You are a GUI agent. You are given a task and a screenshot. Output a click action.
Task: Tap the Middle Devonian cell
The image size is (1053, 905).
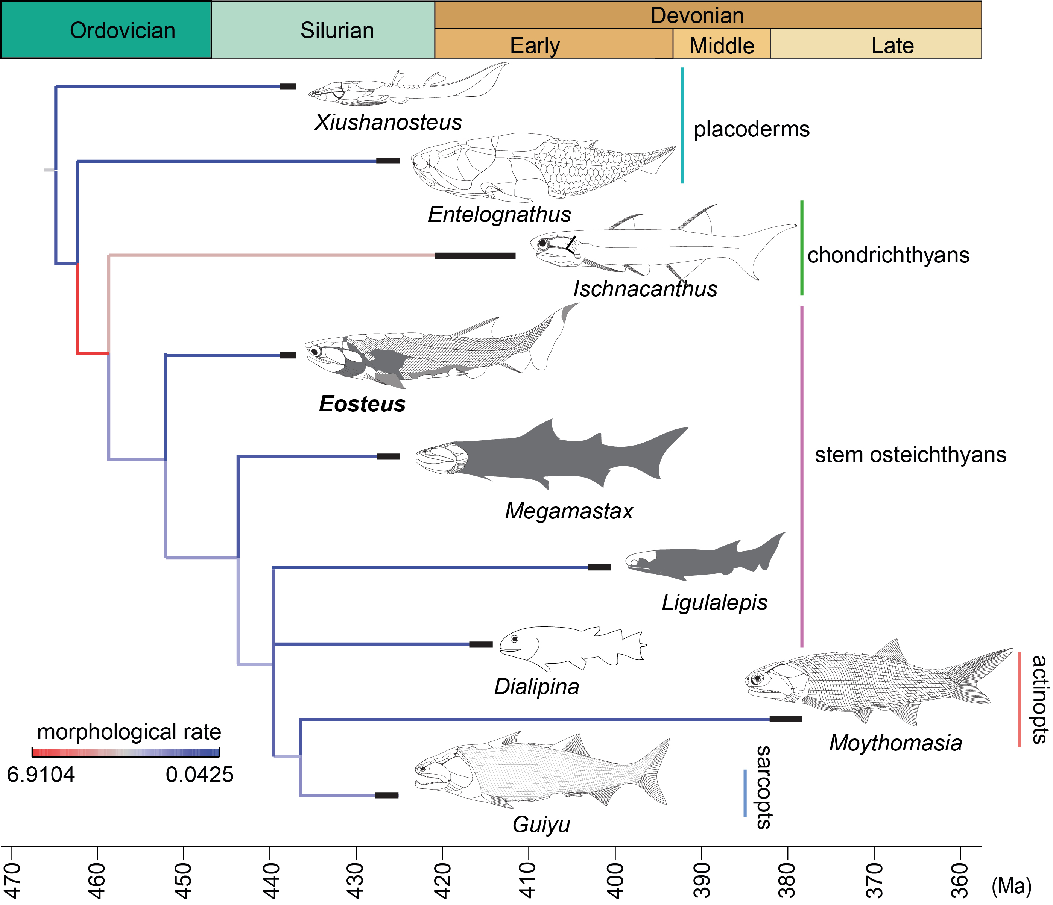coord(721,45)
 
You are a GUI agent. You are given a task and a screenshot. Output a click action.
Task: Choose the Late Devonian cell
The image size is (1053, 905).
coord(876,45)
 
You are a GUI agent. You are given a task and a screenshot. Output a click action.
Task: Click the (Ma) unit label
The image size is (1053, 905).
coord(1011,886)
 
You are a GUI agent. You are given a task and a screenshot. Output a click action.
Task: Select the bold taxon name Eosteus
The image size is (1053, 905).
coord(362,404)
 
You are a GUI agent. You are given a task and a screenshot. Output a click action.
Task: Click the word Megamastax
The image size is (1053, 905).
coord(569,511)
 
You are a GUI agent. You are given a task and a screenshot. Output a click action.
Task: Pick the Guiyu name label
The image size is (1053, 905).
coord(541,824)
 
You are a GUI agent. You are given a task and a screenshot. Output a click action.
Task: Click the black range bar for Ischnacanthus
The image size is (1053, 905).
coord(475,255)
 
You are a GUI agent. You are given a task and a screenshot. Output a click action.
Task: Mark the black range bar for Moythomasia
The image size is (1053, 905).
coord(785,719)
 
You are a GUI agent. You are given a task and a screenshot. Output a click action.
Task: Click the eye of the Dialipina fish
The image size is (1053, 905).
coord(515,639)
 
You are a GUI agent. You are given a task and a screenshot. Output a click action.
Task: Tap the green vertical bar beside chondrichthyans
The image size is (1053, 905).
coord(801,247)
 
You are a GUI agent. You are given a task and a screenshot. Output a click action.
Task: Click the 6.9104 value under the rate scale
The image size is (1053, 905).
coord(41,775)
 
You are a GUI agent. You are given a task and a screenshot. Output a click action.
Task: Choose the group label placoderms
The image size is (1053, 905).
coord(752,129)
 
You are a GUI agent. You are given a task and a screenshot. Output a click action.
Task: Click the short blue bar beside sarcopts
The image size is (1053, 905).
coord(745,793)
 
